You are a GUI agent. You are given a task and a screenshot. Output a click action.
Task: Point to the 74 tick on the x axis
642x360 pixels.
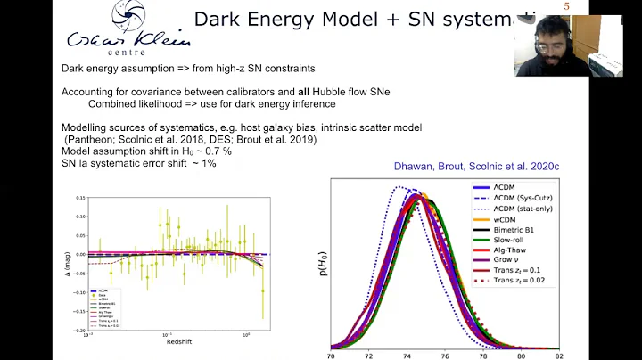point(407,354)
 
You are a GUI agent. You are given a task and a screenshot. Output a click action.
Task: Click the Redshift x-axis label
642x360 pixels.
point(177,340)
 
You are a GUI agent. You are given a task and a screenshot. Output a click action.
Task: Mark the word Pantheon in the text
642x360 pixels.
point(88,140)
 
